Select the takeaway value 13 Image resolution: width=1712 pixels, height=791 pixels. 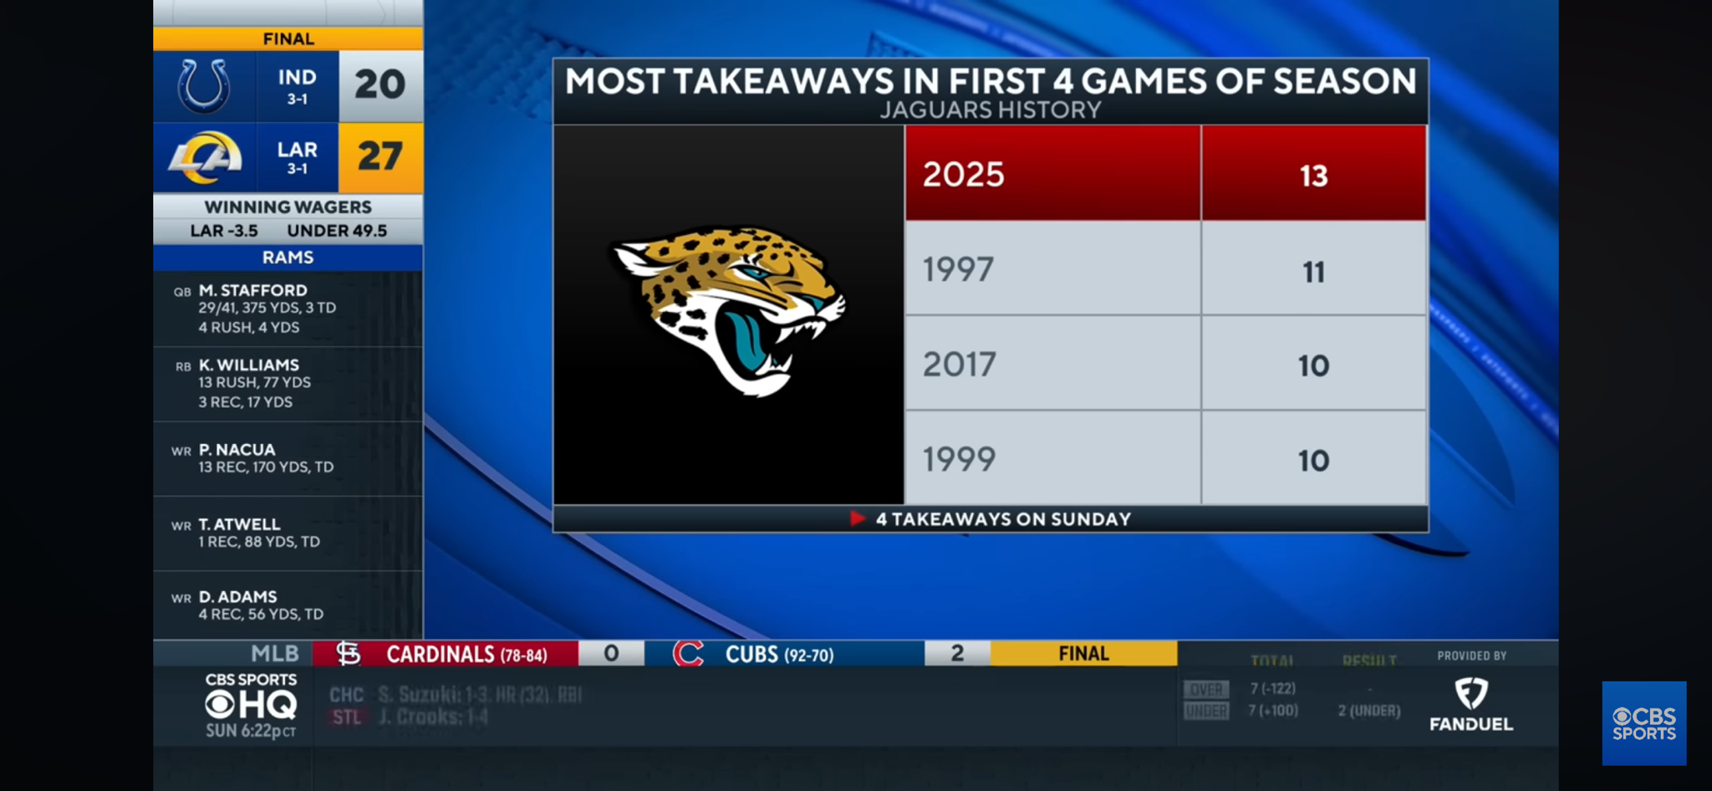point(1313,176)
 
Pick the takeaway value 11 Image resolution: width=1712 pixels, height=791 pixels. point(1313,272)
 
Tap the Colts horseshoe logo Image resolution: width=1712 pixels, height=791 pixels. point(204,86)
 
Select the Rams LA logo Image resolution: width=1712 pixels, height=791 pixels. point(205,157)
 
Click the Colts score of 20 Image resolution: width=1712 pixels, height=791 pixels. point(380,84)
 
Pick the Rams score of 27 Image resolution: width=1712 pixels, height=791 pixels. point(380,156)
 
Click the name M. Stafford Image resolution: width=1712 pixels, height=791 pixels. point(252,290)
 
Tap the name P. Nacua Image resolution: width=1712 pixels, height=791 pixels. point(237,449)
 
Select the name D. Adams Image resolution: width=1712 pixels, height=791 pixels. point(237,596)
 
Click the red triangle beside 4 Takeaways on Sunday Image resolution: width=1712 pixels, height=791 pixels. point(857,518)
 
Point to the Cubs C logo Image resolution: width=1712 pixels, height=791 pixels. point(688,653)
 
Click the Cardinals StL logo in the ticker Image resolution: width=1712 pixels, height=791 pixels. point(348,653)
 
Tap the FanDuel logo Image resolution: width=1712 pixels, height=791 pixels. point(1471,705)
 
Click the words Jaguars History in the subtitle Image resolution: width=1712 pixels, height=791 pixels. point(990,110)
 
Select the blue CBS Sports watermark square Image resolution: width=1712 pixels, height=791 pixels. point(1643,723)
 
